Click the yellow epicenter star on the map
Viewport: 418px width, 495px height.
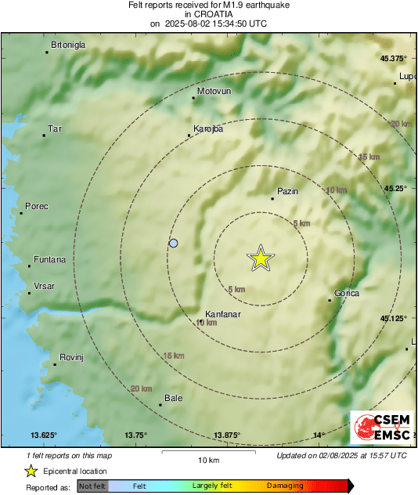coord(260,258)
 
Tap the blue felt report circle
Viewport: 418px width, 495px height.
coord(174,244)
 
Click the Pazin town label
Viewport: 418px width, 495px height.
coord(288,191)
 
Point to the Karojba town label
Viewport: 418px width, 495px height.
coord(208,129)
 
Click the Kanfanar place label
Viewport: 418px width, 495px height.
coord(222,314)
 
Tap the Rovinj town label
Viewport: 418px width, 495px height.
coord(71,357)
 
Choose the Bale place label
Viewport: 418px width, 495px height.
coord(173,398)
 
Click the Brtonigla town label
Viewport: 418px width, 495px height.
coord(68,45)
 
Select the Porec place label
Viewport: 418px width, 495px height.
coord(37,206)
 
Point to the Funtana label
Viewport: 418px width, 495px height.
coord(49,259)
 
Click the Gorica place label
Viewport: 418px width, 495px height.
coord(347,293)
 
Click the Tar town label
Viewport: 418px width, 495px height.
coord(55,128)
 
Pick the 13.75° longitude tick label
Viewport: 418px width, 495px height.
coord(135,435)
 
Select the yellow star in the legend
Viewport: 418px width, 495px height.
coord(31,471)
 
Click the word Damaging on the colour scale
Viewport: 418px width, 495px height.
coord(285,486)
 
